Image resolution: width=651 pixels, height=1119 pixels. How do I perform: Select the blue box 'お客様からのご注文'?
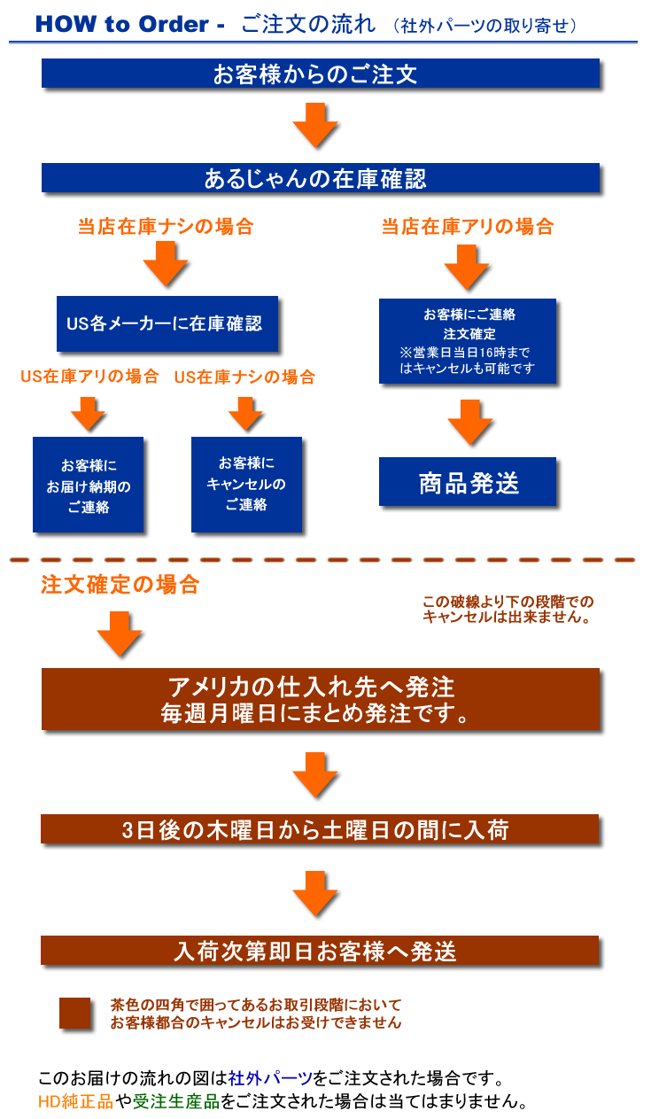tap(321, 74)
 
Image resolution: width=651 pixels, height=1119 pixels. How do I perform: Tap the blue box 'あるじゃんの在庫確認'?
tap(321, 178)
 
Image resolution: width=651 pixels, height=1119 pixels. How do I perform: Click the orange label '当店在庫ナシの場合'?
tap(166, 227)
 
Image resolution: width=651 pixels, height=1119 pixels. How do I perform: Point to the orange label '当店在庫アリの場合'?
tap(468, 227)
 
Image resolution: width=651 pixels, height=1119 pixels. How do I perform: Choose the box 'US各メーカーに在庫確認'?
tap(167, 324)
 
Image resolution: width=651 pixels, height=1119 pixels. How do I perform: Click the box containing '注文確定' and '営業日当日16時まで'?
tap(468, 341)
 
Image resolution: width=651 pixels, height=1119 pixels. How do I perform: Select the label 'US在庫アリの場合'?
tap(89, 377)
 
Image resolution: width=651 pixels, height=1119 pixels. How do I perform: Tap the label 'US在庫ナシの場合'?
tap(244, 377)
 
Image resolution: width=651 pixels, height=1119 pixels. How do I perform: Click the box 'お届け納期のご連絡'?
tap(88, 485)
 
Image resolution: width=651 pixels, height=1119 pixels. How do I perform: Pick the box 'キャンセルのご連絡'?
tap(246, 485)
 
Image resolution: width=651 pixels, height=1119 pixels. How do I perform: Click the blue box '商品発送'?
tap(468, 482)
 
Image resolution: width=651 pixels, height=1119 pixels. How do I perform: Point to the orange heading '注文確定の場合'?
tap(120, 586)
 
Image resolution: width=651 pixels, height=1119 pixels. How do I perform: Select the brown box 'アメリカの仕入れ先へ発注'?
tap(321, 699)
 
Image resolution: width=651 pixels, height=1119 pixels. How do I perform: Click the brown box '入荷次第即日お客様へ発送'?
tap(321, 951)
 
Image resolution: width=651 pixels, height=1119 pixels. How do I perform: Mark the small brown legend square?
tap(75, 1014)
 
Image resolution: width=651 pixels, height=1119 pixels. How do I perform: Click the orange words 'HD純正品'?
tap(75, 1103)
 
